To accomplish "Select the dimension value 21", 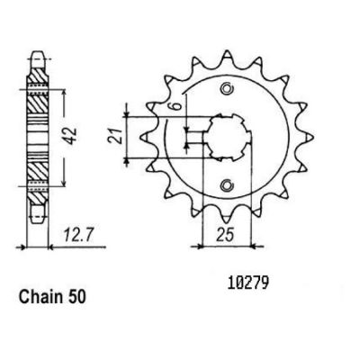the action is coord(116,136).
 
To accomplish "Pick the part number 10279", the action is coord(247,284).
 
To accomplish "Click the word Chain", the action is coord(40,297).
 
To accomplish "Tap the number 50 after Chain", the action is coord(75,297).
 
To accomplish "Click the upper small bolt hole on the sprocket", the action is coord(227,88).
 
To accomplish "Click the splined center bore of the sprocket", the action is coord(228,138).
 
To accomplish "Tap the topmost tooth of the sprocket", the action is coord(227,57).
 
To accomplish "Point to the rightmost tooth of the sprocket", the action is coord(308,138).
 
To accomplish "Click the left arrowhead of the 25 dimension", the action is coord(200,247).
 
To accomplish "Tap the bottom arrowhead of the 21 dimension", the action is coord(126,161).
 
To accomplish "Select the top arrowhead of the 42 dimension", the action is coord(63,93).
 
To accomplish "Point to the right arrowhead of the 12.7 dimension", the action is coord(51,247).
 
